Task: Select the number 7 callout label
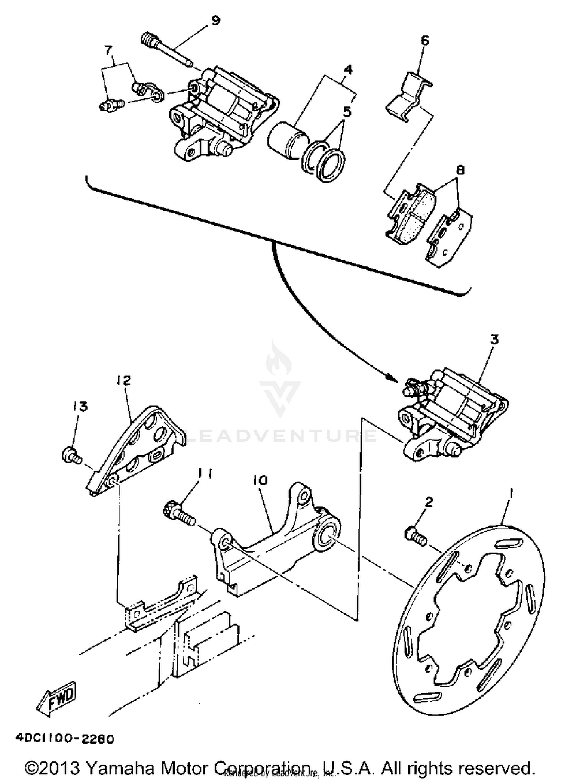pyautogui.click(x=108, y=50)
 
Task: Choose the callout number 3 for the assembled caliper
pyautogui.click(x=494, y=340)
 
